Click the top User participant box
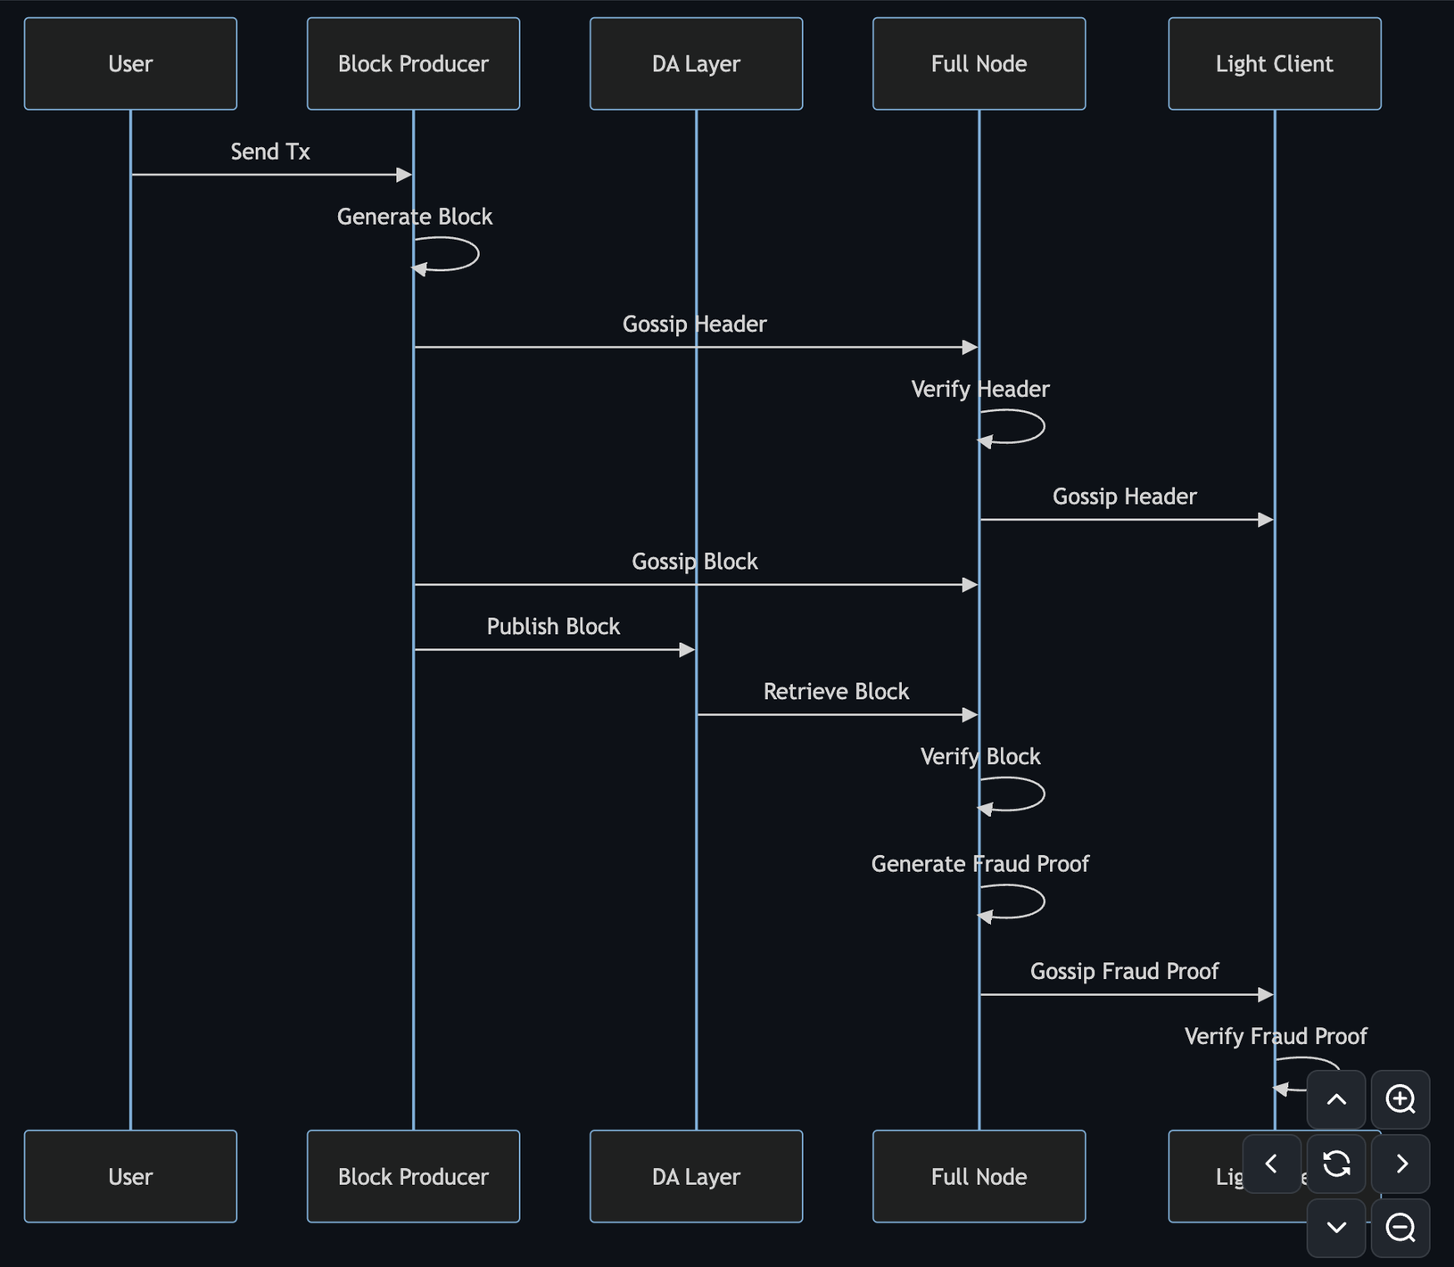[130, 64]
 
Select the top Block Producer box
[413, 64]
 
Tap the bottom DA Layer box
[696, 1176]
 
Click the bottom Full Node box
[979, 1176]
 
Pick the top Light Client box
[1274, 64]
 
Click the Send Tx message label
[270, 152]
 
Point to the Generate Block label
[415, 217]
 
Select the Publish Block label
[553, 626]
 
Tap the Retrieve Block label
[836, 691]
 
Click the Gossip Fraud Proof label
[1124, 971]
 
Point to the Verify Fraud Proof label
[1276, 1036]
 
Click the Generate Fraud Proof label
[979, 863]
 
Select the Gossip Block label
[694, 562]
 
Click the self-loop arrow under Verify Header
[1026, 427]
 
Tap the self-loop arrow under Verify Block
[1026, 794]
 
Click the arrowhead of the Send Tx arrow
[404, 175]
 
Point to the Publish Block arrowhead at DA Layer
[687, 650]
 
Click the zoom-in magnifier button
[1400, 1099]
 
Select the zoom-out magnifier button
[1400, 1228]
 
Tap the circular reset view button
[1336, 1164]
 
